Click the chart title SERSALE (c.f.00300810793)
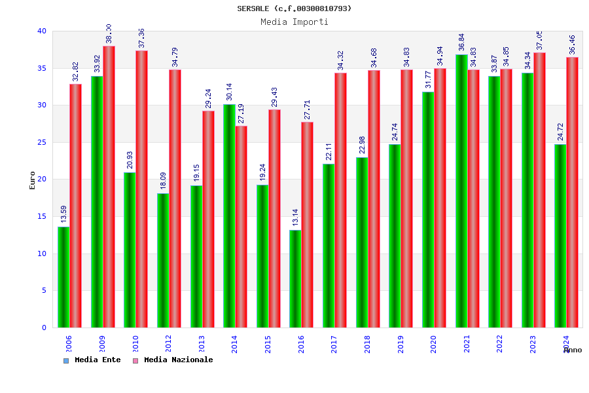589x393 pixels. click(294, 9)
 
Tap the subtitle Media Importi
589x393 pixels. click(294, 22)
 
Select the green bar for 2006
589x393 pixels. click(63, 277)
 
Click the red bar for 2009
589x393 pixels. click(109, 187)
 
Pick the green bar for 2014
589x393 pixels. click(229, 215)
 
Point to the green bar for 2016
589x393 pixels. click(295, 278)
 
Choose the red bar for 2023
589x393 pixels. click(539, 190)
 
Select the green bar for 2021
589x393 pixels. click(461, 191)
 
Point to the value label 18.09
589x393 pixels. click(163, 180)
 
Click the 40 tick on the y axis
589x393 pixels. click(42, 31)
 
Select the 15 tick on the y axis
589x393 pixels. click(42, 216)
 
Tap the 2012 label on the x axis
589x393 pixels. click(168, 344)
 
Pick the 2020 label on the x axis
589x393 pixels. click(433, 344)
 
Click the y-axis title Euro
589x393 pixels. click(32, 180)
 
